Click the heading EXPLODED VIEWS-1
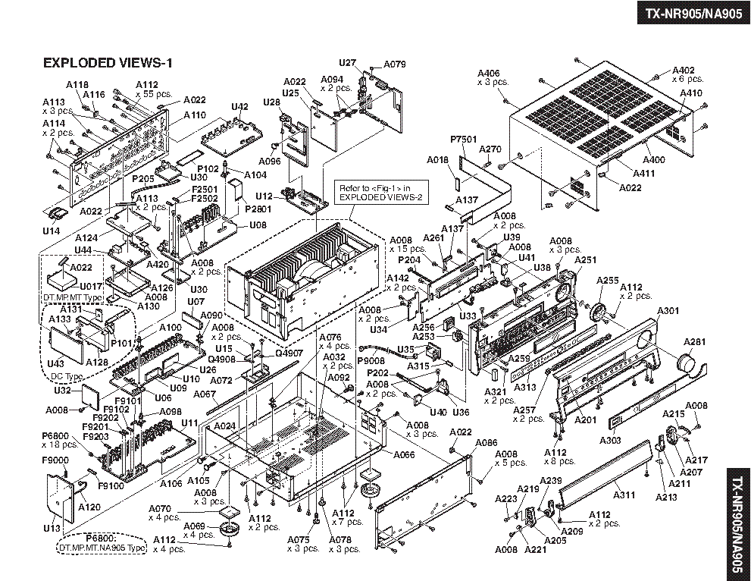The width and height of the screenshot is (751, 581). (x=108, y=63)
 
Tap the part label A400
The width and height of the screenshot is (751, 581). (x=653, y=160)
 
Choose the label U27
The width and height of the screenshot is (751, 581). (x=347, y=63)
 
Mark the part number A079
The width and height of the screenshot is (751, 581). (x=395, y=64)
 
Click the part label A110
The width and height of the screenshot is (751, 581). (x=194, y=115)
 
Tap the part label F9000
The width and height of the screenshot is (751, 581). (x=55, y=460)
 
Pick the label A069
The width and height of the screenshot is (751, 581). (x=195, y=526)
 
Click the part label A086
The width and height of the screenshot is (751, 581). (x=487, y=442)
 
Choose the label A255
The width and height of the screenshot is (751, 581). (x=608, y=280)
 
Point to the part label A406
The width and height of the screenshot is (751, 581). (x=489, y=74)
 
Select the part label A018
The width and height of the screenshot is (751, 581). (x=438, y=160)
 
